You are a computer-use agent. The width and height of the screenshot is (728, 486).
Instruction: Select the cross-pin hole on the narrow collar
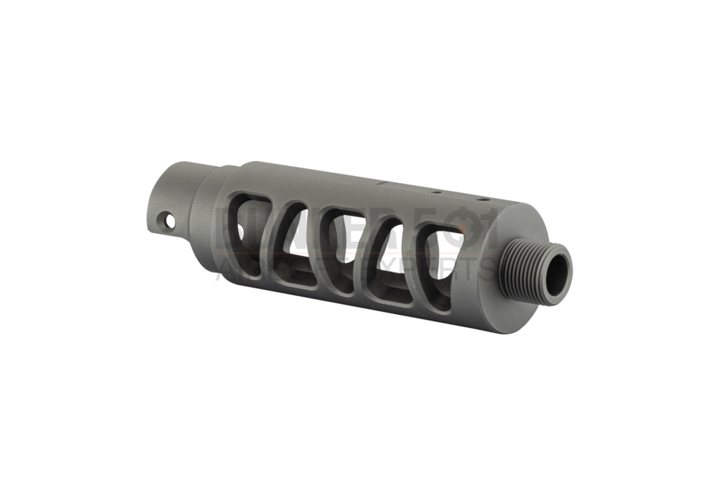point(170,219)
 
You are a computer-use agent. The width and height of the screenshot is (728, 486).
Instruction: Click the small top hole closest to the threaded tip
point(480,198)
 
